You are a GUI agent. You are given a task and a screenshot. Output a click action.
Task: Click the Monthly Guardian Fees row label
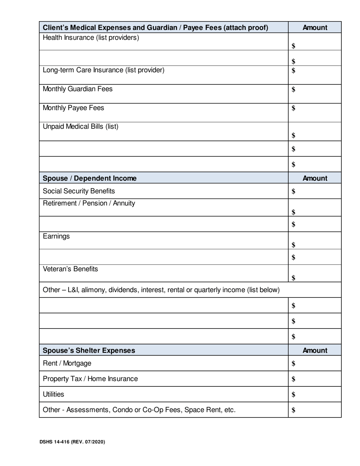[78, 89]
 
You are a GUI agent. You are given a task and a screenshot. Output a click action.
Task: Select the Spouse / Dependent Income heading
[90, 178]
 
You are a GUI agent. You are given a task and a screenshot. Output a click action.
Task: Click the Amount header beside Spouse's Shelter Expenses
[315, 350]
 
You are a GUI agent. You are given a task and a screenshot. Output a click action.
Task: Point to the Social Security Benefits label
[79, 191]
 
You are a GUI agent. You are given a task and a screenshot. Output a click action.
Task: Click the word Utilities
[53, 394]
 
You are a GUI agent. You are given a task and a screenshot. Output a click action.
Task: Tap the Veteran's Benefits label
[70, 269]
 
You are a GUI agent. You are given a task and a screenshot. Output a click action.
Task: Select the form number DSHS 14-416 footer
[72, 442]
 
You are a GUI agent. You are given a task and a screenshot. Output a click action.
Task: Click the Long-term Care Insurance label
[103, 70]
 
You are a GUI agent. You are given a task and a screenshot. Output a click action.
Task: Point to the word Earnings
[56, 236]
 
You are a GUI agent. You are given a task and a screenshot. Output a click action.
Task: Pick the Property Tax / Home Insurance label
[90, 379]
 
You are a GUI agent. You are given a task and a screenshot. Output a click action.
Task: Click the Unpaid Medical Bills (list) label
[81, 127]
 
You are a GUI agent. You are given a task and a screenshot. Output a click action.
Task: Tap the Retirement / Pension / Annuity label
[89, 203]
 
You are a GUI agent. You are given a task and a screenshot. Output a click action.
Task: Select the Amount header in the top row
[315, 28]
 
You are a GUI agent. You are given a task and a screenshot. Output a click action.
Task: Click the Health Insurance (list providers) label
[91, 38]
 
